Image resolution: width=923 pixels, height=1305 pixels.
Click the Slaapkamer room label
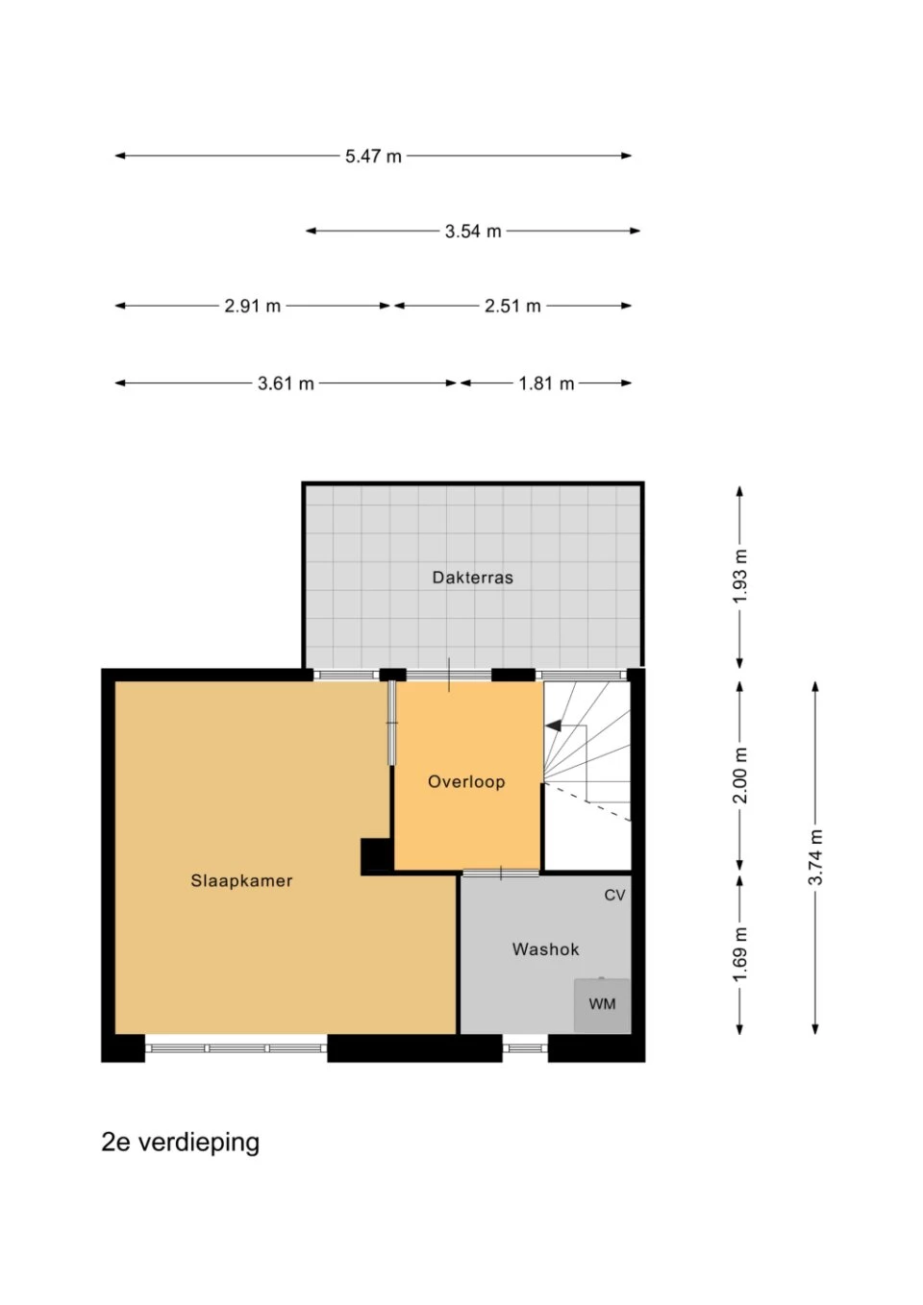241,880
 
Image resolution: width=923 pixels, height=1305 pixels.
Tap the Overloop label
466,782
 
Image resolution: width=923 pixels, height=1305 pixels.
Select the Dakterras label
473,578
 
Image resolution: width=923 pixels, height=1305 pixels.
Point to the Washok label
545,949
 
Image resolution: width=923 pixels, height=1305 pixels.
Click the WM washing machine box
602,1005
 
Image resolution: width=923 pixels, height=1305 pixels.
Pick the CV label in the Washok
614,895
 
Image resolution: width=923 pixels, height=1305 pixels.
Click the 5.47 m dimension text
373,156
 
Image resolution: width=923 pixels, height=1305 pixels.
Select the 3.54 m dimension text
473,232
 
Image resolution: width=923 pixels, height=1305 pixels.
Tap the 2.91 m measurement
252,306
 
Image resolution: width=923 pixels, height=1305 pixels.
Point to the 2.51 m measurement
512,306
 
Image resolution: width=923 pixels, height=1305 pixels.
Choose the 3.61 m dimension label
286,383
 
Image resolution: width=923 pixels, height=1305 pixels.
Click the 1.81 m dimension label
546,383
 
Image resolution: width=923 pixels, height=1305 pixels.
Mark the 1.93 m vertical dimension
740,577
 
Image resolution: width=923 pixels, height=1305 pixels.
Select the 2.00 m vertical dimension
740,775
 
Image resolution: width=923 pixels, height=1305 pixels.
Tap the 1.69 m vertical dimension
740,953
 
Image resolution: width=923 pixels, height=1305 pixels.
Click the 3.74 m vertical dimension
815,856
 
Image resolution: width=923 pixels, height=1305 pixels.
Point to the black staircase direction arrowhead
553,726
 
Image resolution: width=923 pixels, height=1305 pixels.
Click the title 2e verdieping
181,1142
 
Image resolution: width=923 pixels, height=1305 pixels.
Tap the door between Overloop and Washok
501,873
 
